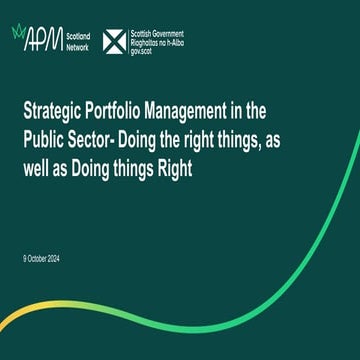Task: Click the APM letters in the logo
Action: tap(42, 40)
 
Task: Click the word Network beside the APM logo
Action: tap(79, 46)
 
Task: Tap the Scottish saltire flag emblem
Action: tap(116, 40)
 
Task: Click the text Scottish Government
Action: tap(158, 32)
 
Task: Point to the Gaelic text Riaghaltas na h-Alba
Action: tap(159, 40)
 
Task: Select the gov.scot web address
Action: tap(145, 47)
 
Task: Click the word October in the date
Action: tap(42, 260)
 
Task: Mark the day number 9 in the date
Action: tap(25, 260)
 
